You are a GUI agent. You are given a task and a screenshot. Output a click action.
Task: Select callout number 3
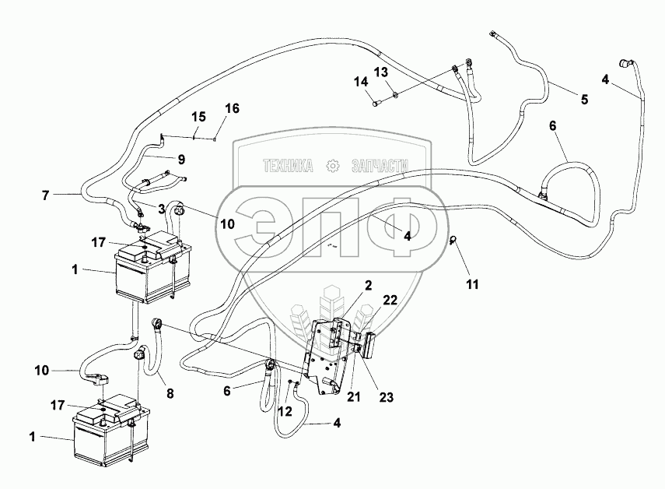tap(163, 208)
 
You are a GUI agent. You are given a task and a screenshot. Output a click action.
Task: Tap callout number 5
tap(583, 100)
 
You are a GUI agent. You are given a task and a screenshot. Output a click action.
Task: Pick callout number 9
tap(180, 159)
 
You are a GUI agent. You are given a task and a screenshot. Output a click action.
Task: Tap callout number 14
tap(359, 82)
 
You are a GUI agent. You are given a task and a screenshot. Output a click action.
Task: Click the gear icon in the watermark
tap(334, 166)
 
